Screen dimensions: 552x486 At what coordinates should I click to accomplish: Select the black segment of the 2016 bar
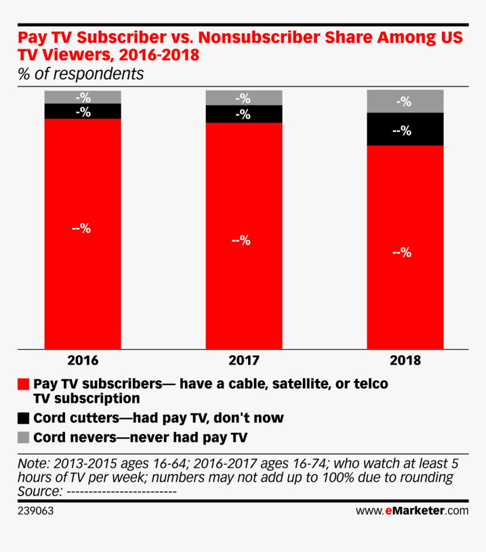coord(83,111)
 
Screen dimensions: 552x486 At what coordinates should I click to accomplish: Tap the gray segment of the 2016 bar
coord(83,97)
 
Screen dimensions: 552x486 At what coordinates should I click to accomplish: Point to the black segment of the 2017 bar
coord(244,114)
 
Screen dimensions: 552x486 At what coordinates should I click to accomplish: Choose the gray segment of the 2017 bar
coord(244,98)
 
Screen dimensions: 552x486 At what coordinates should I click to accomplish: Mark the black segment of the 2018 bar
coord(405,130)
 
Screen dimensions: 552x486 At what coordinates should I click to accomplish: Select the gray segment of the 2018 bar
coord(405,101)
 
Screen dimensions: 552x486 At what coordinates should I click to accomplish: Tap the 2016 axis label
coord(83,360)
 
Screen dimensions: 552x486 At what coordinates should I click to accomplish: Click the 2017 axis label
coord(244,360)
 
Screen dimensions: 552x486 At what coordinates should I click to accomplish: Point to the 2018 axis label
coord(405,360)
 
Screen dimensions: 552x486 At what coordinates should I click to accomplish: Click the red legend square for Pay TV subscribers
coord(23,384)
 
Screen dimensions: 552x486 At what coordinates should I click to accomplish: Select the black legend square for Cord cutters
coord(23,419)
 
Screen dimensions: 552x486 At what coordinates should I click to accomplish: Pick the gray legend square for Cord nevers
coord(23,437)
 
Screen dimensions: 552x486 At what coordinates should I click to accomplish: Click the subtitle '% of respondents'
coord(81,74)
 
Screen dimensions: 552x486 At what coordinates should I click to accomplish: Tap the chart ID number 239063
coord(36,511)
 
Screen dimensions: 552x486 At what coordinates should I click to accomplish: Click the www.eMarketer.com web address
coord(412,511)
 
